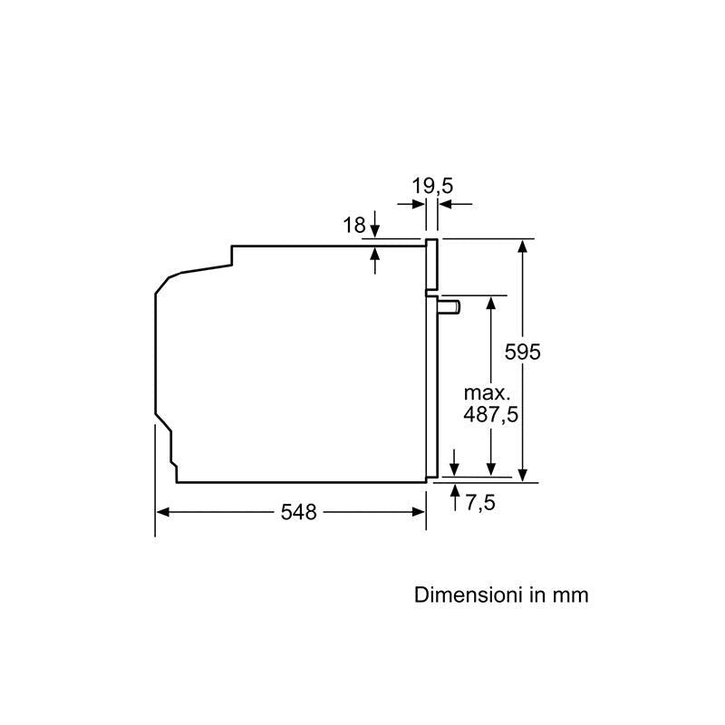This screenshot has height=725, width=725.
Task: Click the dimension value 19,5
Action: pos(432,187)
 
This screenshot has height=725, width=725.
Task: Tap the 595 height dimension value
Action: pos(523,352)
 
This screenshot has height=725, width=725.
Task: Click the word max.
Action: pos(488,393)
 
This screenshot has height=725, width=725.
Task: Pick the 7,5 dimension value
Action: pos(480,503)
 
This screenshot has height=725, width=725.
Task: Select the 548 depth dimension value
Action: pos(298,512)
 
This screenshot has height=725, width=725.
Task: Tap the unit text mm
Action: pos(570,595)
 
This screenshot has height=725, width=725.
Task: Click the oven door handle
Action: pos(449,307)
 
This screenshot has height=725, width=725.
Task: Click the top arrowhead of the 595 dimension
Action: pos(523,245)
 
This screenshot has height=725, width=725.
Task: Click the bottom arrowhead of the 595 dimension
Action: pos(523,474)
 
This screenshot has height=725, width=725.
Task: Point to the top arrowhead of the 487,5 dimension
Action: pos(491,301)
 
